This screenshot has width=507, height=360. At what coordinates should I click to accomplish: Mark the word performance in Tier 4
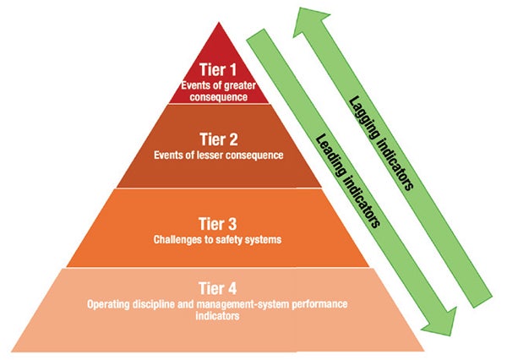(x=313, y=303)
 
